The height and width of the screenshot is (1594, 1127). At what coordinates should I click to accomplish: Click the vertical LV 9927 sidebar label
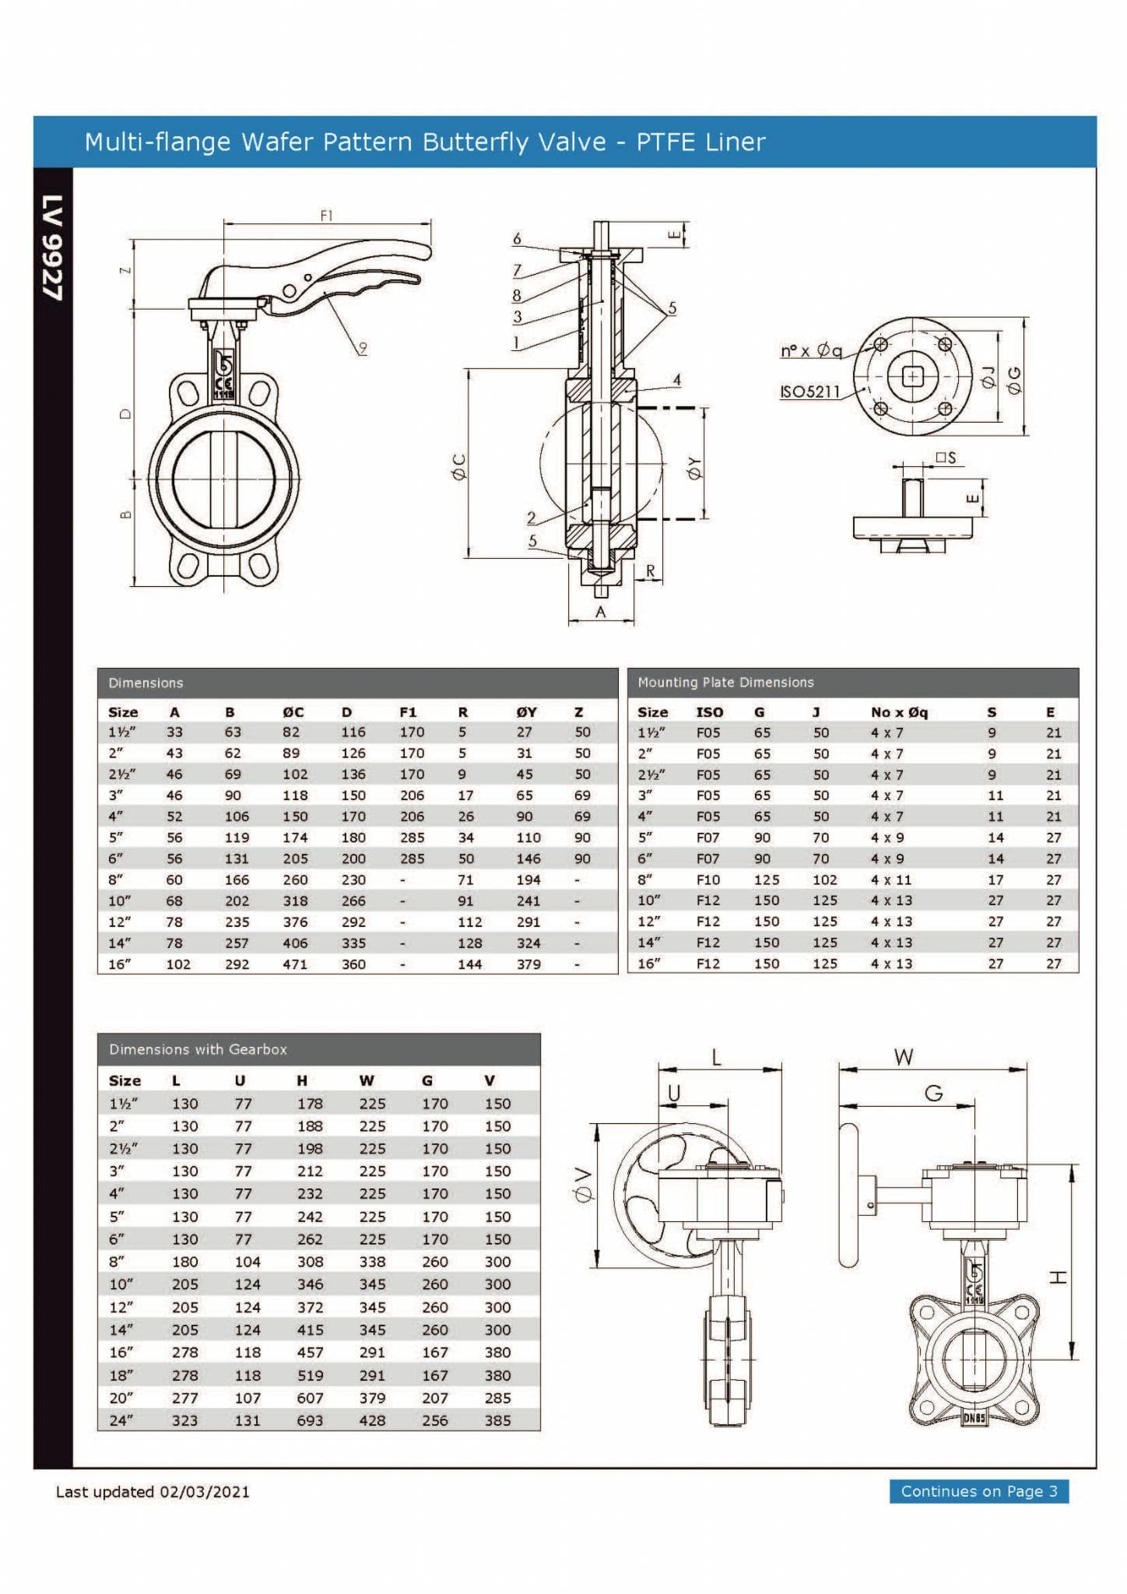pyautogui.click(x=53, y=247)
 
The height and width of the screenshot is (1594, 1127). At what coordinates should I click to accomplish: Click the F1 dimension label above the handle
pyautogui.click(x=327, y=216)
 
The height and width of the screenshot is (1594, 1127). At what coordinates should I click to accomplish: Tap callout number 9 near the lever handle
pyautogui.click(x=363, y=347)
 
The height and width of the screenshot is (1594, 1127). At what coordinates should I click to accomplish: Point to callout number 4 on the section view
pyautogui.click(x=676, y=380)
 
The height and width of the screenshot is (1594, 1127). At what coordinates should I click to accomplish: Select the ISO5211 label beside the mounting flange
pyautogui.click(x=809, y=391)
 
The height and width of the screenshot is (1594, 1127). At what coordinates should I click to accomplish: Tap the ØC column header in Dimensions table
pyautogui.click(x=293, y=712)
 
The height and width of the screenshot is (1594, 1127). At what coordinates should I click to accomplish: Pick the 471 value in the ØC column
pyautogui.click(x=294, y=964)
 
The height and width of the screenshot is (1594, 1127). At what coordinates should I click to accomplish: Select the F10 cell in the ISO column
pyautogui.click(x=707, y=880)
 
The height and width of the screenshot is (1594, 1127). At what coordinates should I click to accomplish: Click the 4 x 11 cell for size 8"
pyautogui.click(x=890, y=880)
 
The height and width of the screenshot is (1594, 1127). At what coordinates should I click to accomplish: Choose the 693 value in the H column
pyautogui.click(x=309, y=1420)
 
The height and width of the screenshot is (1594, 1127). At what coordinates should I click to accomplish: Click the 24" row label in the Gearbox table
pyautogui.click(x=121, y=1420)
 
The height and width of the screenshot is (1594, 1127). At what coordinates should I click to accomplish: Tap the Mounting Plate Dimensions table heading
pyautogui.click(x=725, y=683)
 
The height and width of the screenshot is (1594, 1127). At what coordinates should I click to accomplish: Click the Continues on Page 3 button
pyautogui.click(x=978, y=1491)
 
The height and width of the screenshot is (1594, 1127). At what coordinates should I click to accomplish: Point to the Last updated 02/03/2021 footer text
pyautogui.click(x=153, y=1492)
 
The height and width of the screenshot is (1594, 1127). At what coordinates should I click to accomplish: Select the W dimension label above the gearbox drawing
pyautogui.click(x=903, y=1057)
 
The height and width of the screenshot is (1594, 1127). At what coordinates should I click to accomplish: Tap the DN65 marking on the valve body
pyautogui.click(x=974, y=1417)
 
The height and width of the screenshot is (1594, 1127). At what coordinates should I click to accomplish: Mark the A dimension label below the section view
pyautogui.click(x=600, y=612)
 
